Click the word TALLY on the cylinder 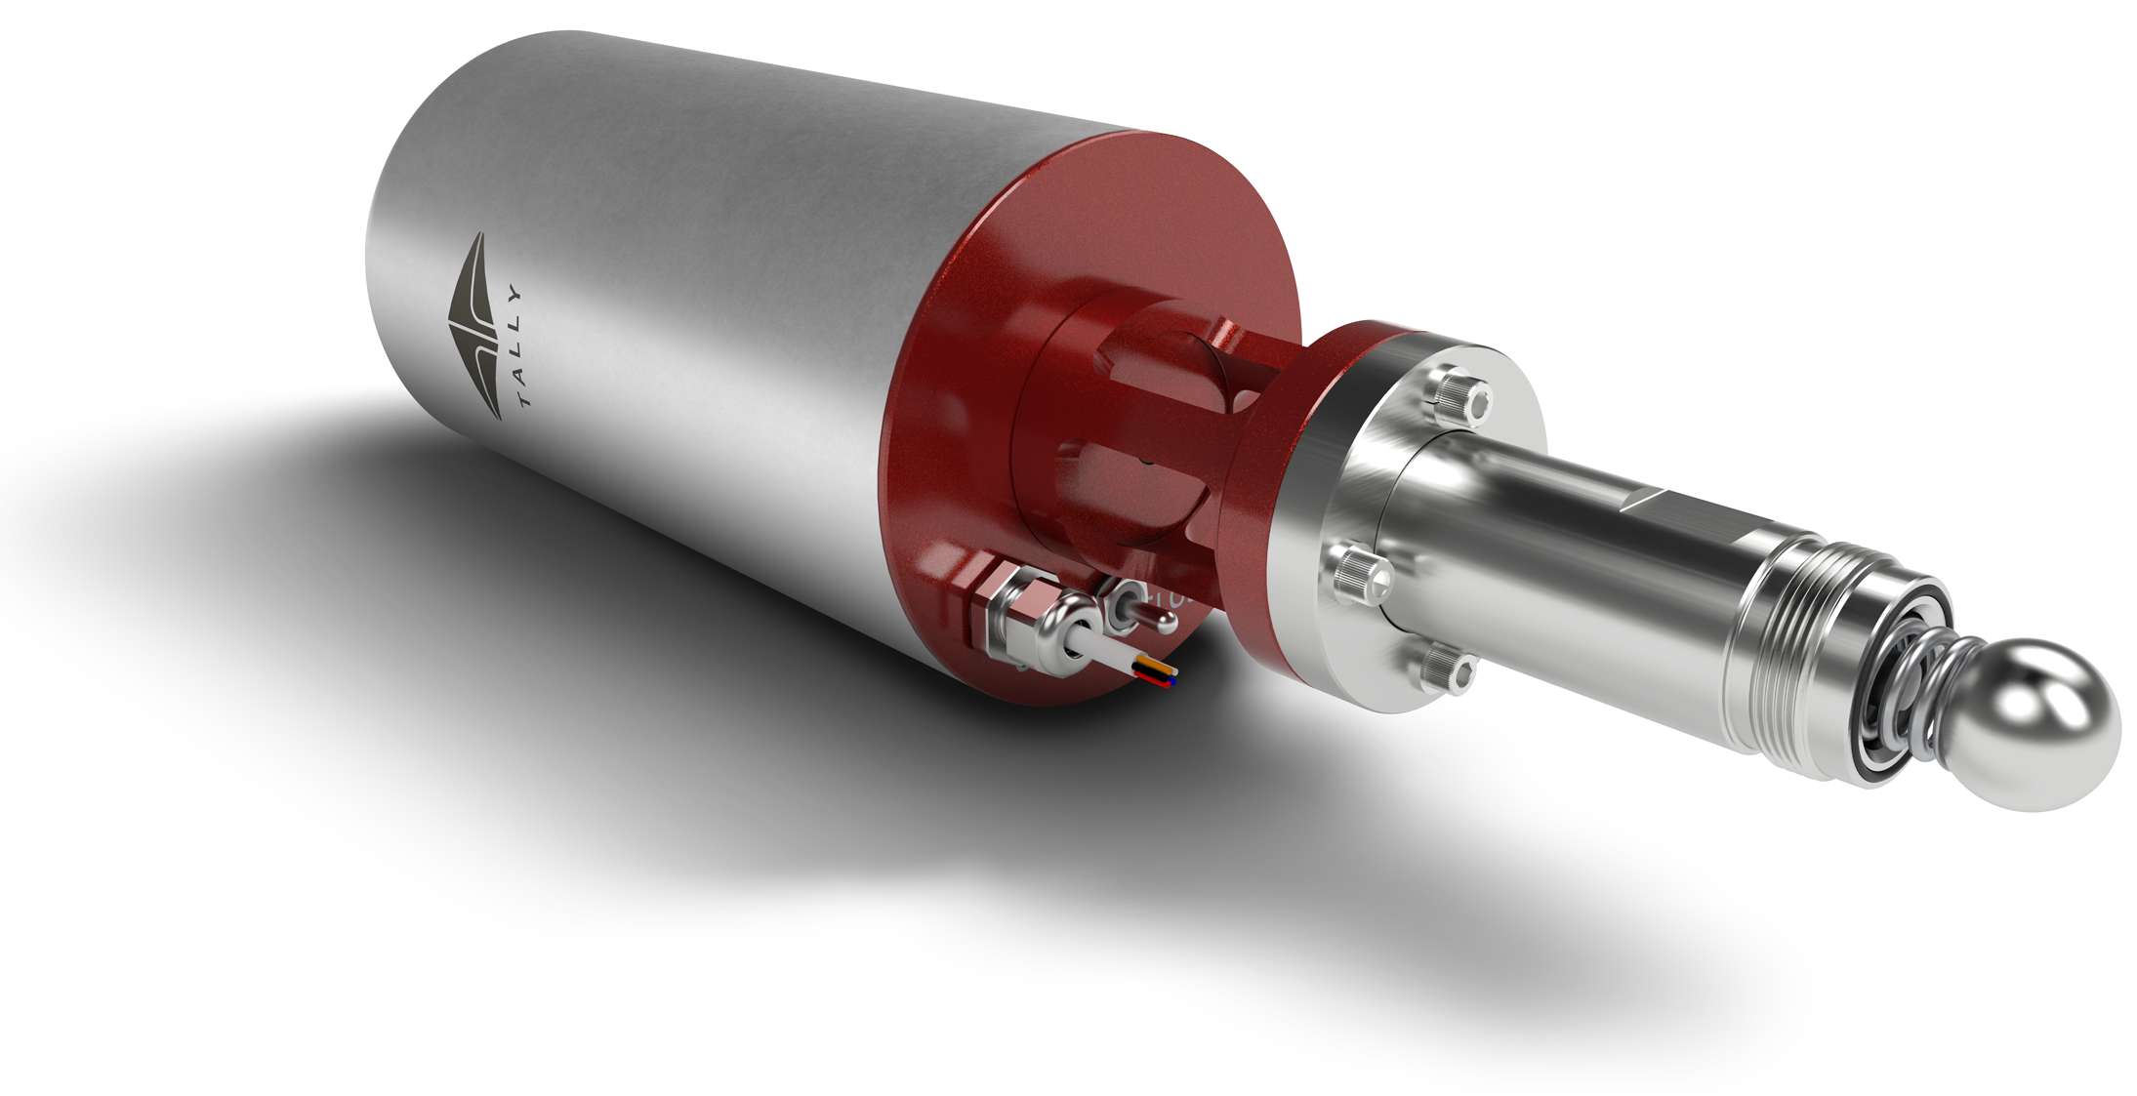click(x=517, y=346)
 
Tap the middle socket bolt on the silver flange click(x=1360, y=571)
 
